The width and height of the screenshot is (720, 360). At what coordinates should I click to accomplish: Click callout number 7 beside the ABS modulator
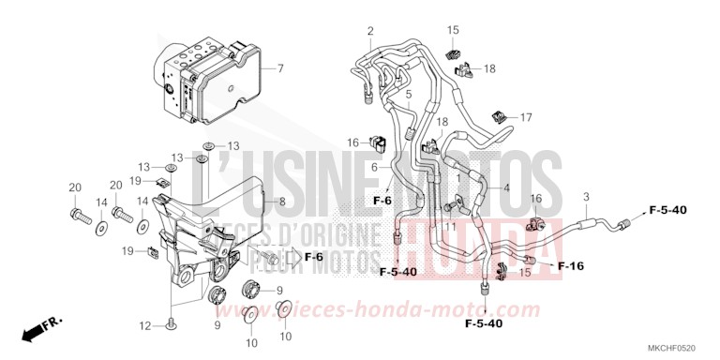278,69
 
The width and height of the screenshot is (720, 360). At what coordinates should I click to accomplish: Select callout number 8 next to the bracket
281,202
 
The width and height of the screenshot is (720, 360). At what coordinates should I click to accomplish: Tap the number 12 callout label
145,325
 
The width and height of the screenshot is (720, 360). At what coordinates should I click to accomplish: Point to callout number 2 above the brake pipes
370,32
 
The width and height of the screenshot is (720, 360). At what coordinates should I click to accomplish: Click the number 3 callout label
586,196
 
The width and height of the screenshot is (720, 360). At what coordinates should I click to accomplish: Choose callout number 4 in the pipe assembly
507,187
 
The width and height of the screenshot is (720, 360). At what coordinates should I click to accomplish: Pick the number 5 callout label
409,94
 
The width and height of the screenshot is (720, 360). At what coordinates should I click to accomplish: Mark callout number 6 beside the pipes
373,167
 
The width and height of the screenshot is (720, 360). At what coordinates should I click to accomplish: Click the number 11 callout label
451,226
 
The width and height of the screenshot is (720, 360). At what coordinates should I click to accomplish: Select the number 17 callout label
526,117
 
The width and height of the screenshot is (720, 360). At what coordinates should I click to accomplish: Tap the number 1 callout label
458,177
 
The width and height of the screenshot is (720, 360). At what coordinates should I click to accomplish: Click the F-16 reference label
571,266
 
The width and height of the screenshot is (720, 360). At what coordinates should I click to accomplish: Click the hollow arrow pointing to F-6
290,257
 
